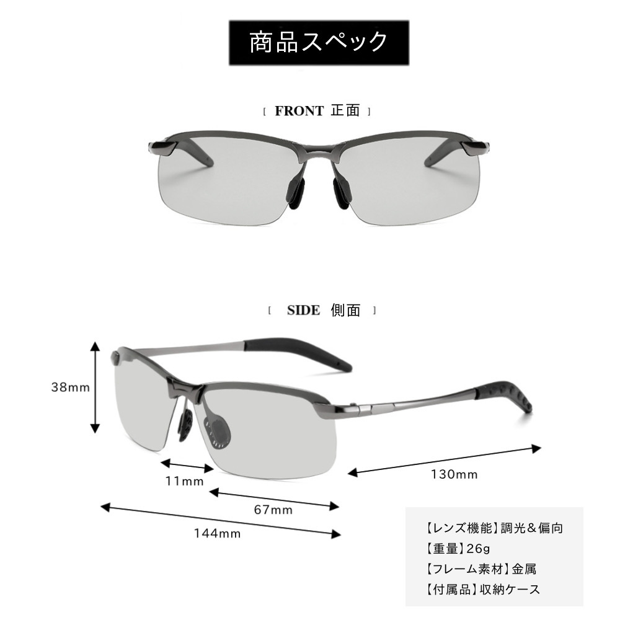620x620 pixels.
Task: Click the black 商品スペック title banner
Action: [319, 43]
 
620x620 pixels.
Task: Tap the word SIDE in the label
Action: [303, 311]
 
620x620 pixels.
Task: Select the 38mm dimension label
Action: [70, 387]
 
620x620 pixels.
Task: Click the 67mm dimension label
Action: [273, 510]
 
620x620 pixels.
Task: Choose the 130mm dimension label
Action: [454, 475]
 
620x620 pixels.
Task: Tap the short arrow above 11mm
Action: [187, 466]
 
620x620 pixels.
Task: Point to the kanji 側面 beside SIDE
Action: [345, 311]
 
